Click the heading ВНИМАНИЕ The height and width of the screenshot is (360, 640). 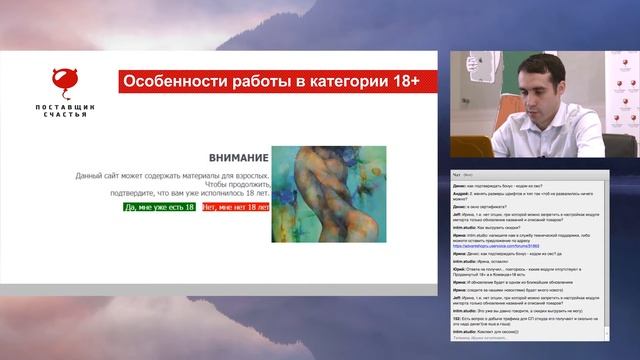238,158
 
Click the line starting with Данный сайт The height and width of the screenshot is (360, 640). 172,175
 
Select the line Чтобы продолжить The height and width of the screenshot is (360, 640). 226,185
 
